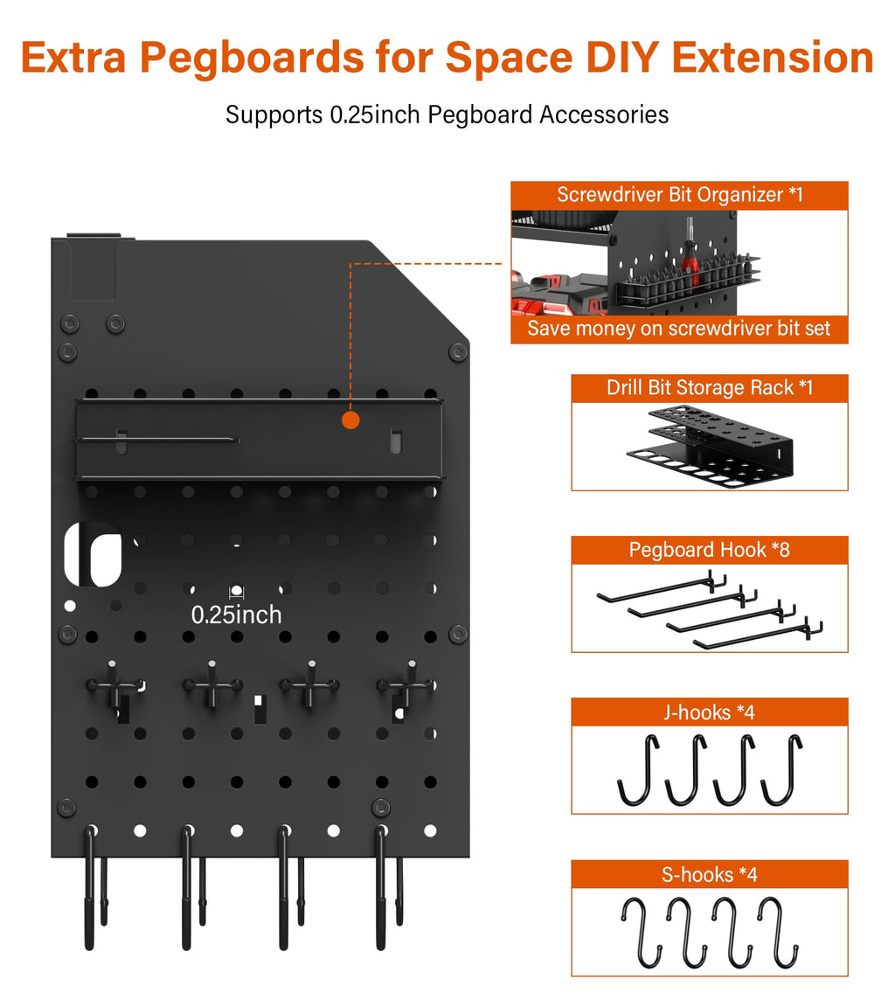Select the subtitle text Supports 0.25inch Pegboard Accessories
[447, 115]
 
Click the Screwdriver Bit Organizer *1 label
[679, 195]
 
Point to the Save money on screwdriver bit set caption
[679, 329]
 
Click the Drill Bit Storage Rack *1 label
[709, 387]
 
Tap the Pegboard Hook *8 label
[709, 550]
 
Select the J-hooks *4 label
[709, 712]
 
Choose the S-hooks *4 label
[709, 874]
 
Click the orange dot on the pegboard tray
[350, 420]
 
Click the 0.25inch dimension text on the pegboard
[237, 615]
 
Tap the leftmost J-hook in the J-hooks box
[636, 770]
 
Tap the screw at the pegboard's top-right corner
[457, 351]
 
